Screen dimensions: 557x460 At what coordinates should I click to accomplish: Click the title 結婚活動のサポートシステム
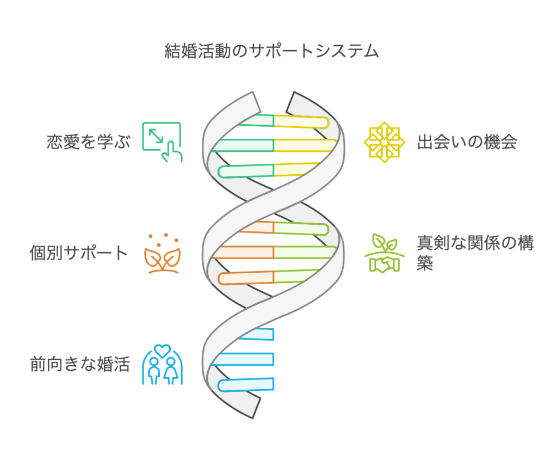tap(272, 51)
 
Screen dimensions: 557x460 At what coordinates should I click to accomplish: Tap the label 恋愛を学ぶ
tap(89, 142)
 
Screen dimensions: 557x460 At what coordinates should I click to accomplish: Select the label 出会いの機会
tap(467, 142)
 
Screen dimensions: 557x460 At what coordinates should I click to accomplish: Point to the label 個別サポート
tap(78, 253)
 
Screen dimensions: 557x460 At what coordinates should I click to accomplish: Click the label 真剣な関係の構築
tap(475, 253)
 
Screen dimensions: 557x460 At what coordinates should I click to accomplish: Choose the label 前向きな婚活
tap(80, 364)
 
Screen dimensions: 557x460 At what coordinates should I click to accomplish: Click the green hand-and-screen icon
tap(162, 142)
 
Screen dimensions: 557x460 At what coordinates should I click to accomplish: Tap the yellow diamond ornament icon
tap(385, 142)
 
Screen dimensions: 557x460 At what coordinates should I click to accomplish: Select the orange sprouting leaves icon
tap(162, 253)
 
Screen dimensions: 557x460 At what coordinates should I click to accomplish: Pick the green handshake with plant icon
tap(385, 253)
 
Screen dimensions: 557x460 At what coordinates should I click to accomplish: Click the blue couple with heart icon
tap(162, 364)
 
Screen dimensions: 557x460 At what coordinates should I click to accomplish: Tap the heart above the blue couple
tap(162, 351)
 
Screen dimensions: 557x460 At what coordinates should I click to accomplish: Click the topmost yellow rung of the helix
tap(301, 121)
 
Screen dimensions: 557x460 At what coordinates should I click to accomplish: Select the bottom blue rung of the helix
tap(246, 385)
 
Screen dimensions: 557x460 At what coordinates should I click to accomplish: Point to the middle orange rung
tap(243, 252)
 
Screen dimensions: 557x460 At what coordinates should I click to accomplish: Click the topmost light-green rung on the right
tap(301, 228)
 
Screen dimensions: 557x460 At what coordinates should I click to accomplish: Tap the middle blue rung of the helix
tap(243, 359)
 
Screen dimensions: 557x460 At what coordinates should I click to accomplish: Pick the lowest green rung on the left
tap(246, 171)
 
